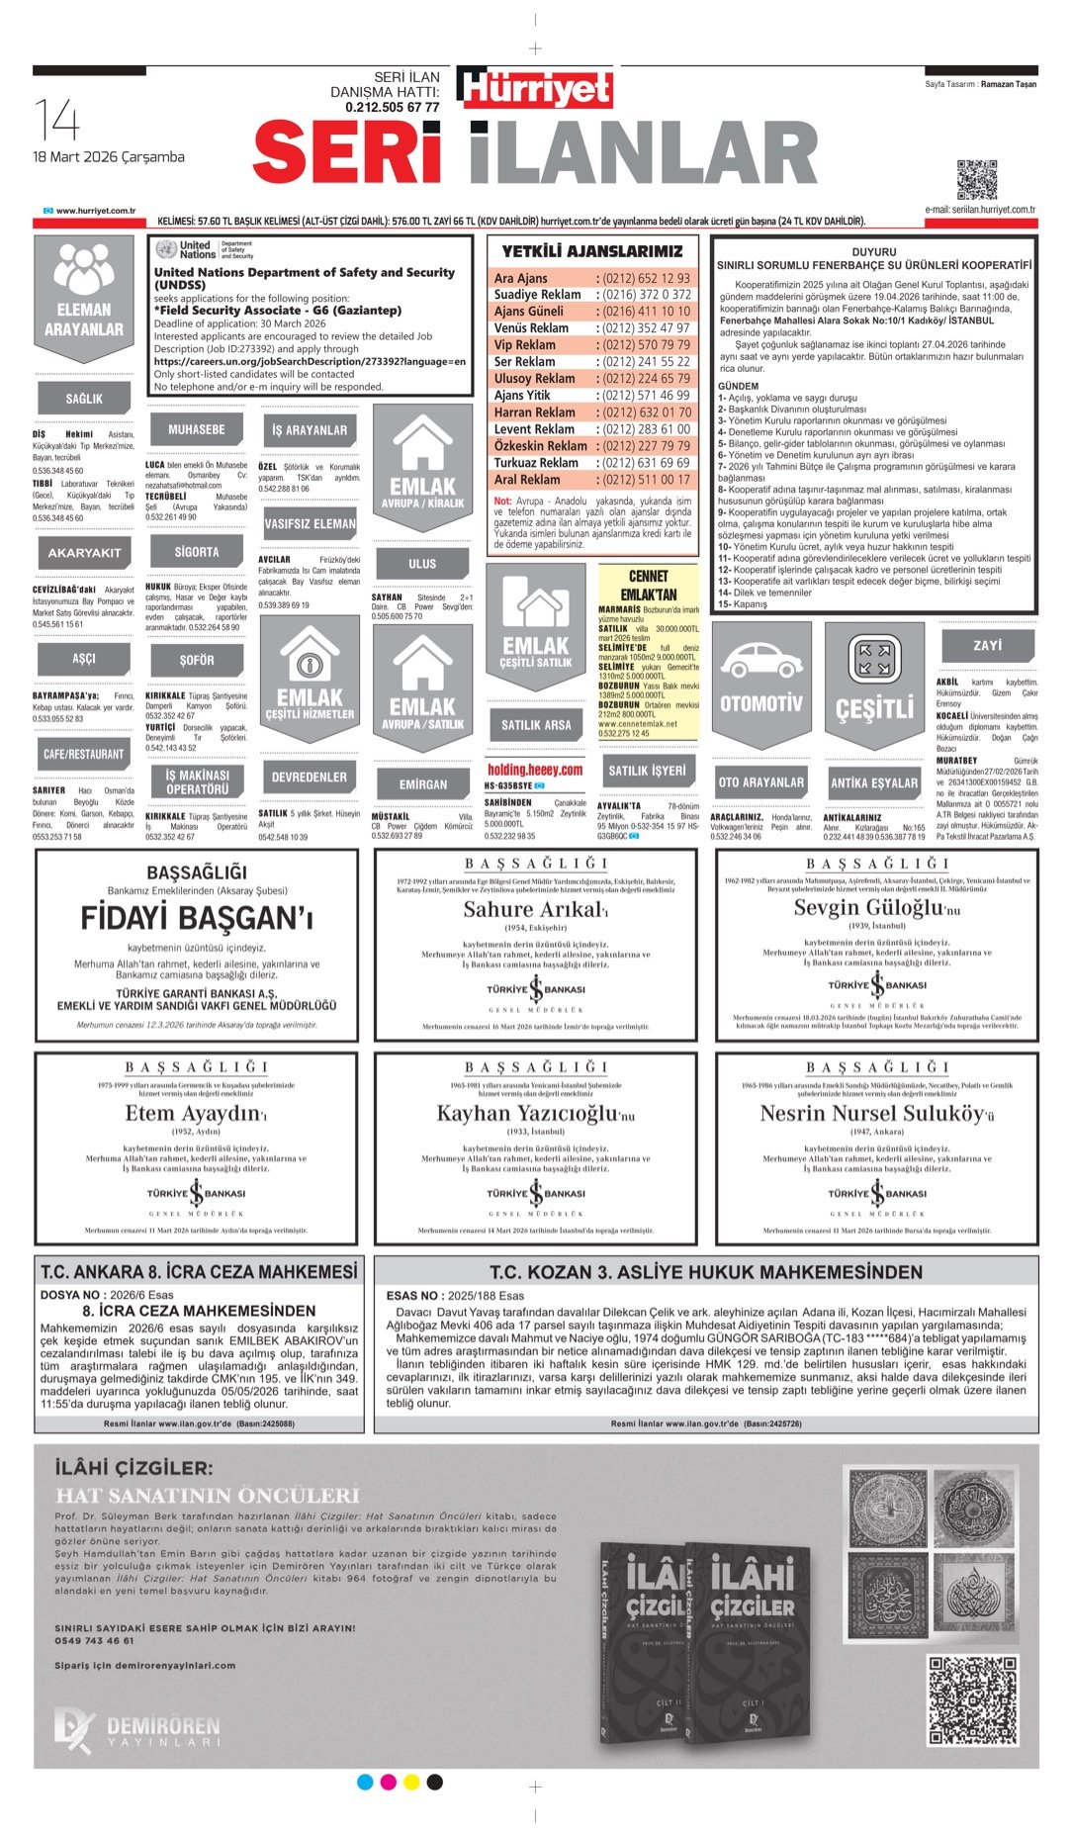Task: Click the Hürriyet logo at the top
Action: click(x=535, y=88)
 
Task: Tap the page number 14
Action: click(x=56, y=120)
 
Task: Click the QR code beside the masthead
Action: click(x=976, y=179)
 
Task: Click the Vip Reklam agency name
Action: click(x=525, y=345)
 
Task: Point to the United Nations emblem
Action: click(x=165, y=249)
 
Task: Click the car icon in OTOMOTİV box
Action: click(x=760, y=661)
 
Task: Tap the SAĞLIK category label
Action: click(x=84, y=399)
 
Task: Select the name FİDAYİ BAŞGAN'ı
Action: click(x=197, y=918)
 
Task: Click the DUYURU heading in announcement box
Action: click(x=873, y=252)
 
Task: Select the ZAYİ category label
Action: click(x=987, y=645)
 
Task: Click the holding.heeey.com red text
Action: click(x=535, y=770)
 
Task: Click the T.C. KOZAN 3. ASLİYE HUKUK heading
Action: click(x=705, y=1272)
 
